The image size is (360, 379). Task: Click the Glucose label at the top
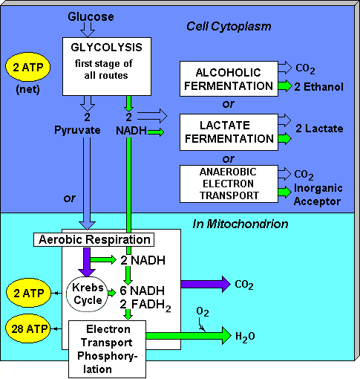point(91,16)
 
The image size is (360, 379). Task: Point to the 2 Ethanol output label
point(320,87)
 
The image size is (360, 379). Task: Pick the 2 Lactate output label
point(319,129)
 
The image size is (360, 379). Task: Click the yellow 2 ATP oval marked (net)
point(27,69)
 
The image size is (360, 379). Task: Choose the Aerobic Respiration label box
point(94,239)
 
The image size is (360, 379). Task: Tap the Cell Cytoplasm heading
point(229,27)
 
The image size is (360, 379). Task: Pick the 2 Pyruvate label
point(88,123)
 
